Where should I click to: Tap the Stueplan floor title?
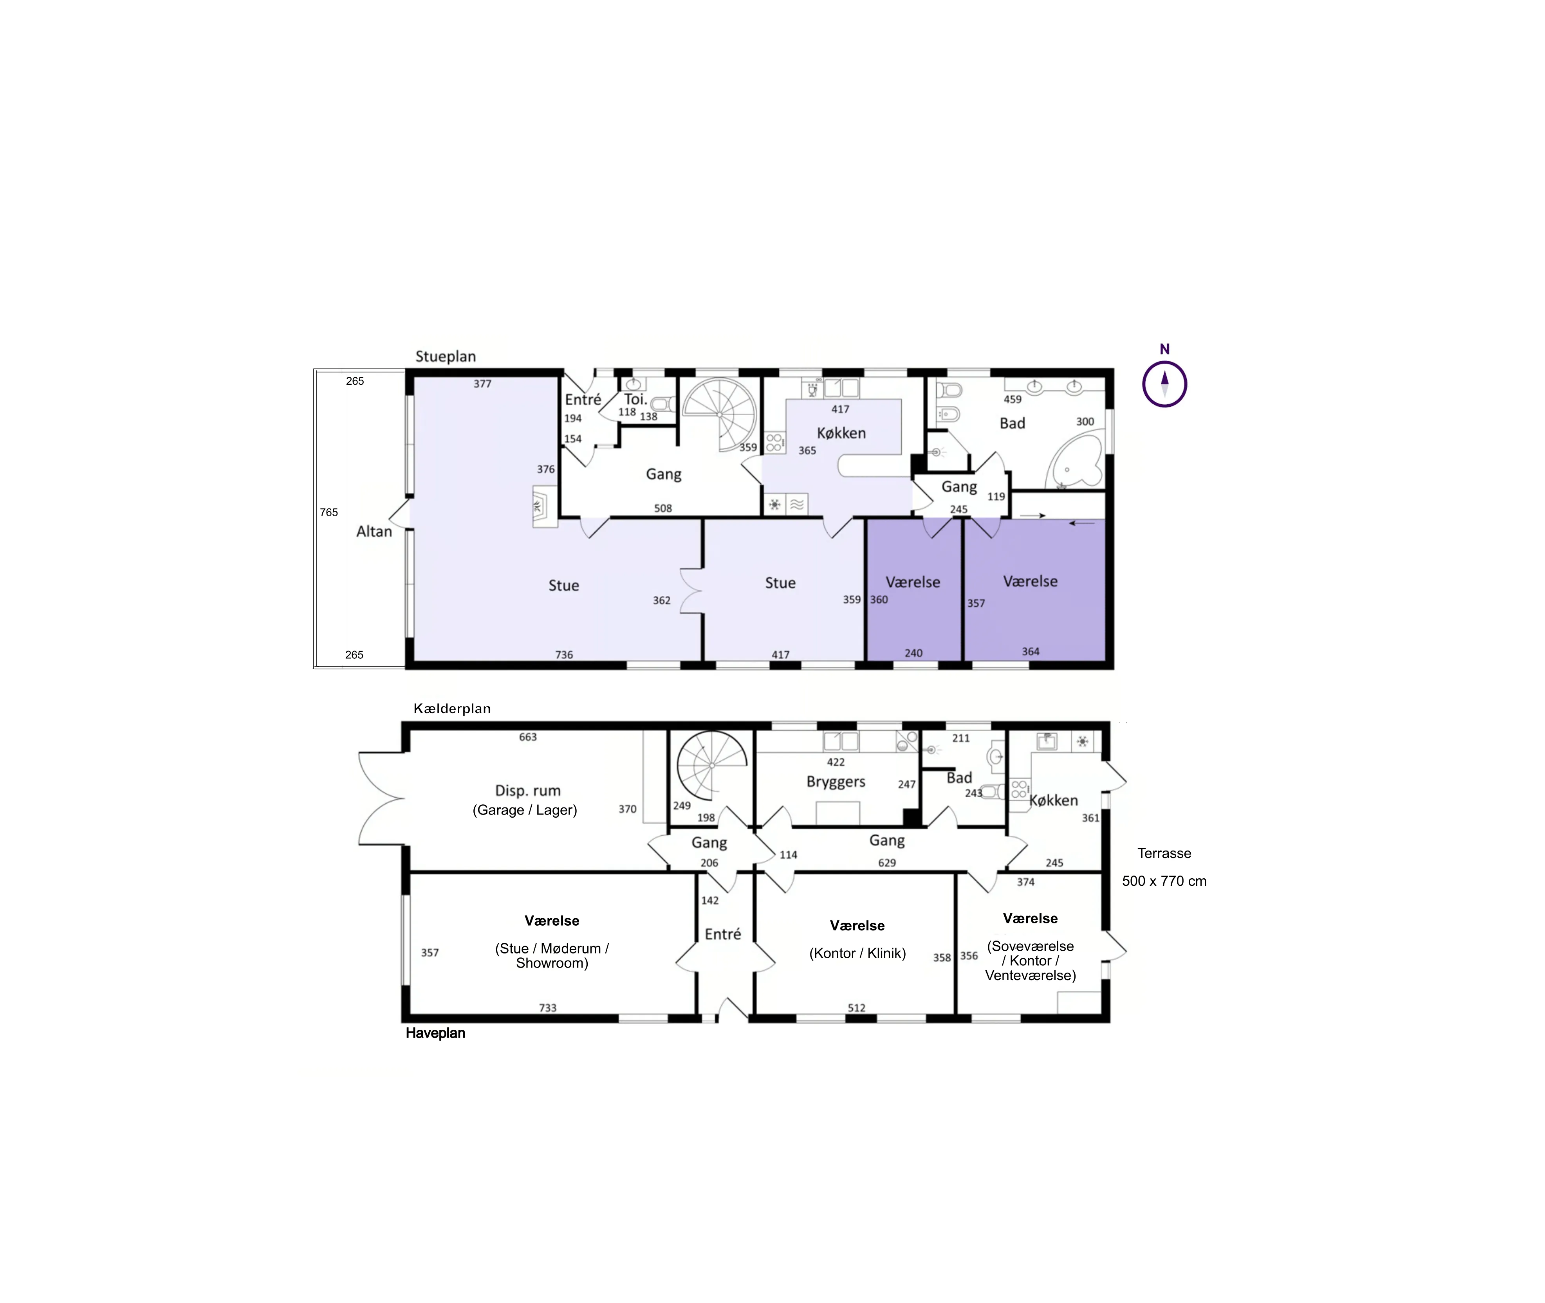point(446,356)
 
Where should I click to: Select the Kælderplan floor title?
point(452,708)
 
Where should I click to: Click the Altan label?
point(374,531)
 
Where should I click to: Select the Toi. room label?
point(635,400)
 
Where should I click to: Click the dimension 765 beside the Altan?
point(329,512)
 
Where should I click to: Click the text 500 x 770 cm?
point(1164,881)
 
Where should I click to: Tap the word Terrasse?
point(1164,853)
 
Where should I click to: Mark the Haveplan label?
point(435,1033)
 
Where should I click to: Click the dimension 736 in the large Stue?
point(564,654)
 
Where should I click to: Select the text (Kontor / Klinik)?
point(857,953)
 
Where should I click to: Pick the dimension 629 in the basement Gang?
point(887,863)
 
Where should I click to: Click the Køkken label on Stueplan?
point(841,433)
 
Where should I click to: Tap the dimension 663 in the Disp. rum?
point(527,737)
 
